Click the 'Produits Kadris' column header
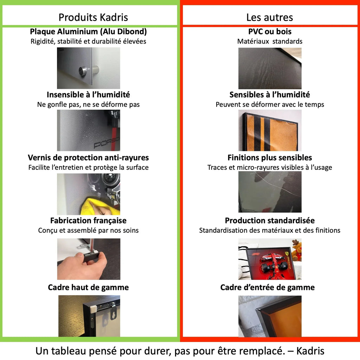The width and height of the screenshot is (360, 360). point(93,17)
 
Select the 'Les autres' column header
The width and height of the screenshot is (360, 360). point(270,17)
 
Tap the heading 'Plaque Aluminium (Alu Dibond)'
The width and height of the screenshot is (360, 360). point(88,32)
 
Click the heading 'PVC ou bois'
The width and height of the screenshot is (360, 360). point(270,32)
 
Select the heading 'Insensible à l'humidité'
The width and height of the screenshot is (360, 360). point(88,95)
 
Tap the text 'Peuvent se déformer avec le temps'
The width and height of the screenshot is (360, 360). point(270,104)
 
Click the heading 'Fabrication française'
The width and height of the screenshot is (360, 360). point(88,220)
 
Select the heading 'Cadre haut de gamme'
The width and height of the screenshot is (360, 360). point(88,287)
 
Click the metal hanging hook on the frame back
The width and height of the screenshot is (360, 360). point(113,311)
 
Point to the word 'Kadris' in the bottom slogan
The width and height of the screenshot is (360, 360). point(310,351)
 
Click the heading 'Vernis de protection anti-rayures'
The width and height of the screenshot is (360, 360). point(88,157)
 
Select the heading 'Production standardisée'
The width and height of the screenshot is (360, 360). point(270,220)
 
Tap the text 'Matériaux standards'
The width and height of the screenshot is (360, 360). point(270,41)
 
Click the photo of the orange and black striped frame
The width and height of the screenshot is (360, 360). point(270,130)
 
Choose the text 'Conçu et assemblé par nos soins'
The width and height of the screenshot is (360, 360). point(88,230)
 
